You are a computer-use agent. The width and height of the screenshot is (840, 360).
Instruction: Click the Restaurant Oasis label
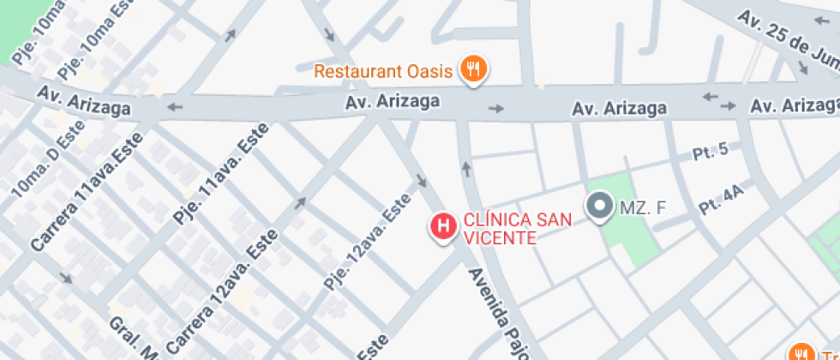coord(382,70)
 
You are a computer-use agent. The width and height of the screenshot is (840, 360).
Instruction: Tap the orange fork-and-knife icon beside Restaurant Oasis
coord(472,69)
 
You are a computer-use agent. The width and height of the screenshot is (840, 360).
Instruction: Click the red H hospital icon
coord(443,227)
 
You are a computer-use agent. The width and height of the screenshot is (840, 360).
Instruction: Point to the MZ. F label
coord(643,207)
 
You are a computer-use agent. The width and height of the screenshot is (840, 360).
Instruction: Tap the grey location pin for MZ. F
coord(599,207)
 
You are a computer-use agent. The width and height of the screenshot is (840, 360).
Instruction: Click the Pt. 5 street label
coord(711,152)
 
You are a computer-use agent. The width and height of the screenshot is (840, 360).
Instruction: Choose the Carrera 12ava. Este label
coord(223,291)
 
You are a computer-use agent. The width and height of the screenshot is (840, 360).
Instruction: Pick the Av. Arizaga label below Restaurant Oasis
coord(393,101)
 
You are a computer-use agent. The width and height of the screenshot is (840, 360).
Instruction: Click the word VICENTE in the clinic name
coord(500,237)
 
